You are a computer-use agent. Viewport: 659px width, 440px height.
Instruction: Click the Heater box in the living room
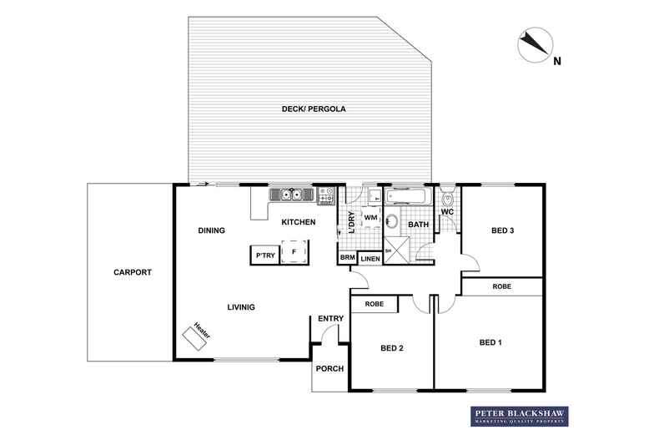coord(198,338)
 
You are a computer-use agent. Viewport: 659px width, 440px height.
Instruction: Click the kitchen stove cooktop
coord(326,195)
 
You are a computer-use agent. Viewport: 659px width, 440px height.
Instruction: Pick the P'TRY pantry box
coord(265,255)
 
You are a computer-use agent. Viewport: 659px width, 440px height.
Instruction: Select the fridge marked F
coord(294,250)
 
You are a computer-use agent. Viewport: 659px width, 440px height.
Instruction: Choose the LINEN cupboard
coord(370,259)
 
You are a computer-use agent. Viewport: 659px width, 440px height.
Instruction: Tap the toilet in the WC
coord(448,199)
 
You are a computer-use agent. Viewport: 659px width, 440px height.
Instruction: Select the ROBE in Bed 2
coord(375,305)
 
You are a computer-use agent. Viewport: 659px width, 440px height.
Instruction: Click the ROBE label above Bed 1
coord(501,286)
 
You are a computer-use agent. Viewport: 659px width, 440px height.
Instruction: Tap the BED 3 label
coord(502,230)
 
